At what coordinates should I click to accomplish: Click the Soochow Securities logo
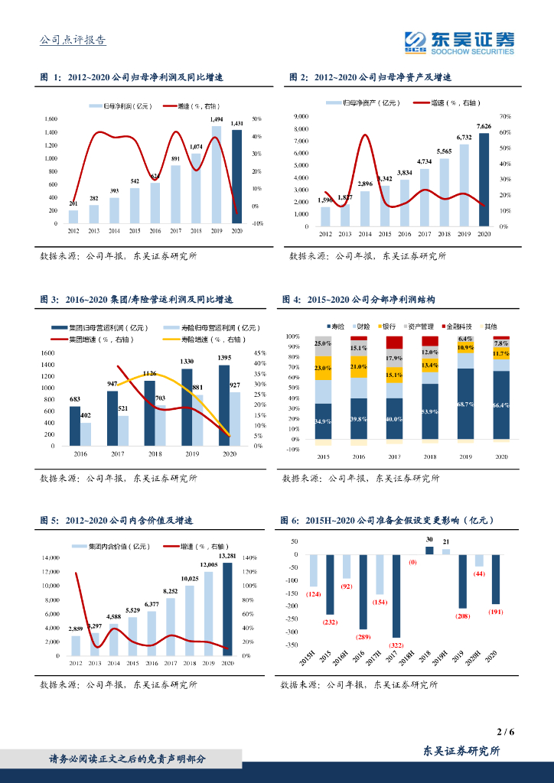click(459, 42)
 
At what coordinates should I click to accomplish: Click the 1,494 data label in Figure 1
click(217, 120)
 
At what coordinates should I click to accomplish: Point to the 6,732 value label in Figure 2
click(464, 138)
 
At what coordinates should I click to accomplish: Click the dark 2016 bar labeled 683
click(74, 426)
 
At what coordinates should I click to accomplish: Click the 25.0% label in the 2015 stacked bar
click(323, 343)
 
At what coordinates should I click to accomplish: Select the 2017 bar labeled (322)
click(396, 597)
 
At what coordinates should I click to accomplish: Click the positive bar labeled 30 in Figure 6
click(429, 550)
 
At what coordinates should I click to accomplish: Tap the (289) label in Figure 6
click(363, 636)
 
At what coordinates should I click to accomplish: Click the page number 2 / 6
click(505, 732)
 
